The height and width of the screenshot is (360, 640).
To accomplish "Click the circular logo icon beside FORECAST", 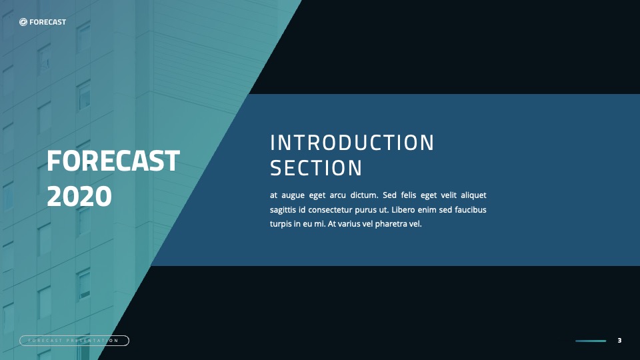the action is pos(23,22).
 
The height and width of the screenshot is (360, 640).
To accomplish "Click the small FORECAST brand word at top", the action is pos(47,22).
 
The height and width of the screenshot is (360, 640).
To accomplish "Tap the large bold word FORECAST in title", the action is pos(113,161).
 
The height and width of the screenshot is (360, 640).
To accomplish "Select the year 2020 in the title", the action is pos(79,196).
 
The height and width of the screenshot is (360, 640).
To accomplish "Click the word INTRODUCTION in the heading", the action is pos(352,143).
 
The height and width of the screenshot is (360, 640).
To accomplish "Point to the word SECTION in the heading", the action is pos(316,168).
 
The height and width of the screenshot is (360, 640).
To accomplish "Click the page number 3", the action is pos(619,341).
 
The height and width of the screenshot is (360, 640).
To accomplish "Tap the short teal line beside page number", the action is pos(591,341).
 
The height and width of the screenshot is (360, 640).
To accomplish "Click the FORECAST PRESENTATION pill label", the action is pos(74,341).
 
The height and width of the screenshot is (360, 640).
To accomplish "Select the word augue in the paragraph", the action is pos(293,195).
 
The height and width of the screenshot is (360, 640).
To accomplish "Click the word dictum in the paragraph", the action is pos(364,195).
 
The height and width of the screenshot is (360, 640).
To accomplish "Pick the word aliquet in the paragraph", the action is pos(473,195).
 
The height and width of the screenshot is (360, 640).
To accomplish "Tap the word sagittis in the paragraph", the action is pos(283,210).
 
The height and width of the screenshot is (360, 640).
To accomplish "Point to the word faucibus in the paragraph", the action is pos(471,209).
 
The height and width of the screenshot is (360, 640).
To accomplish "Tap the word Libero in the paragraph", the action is pos(403,209).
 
